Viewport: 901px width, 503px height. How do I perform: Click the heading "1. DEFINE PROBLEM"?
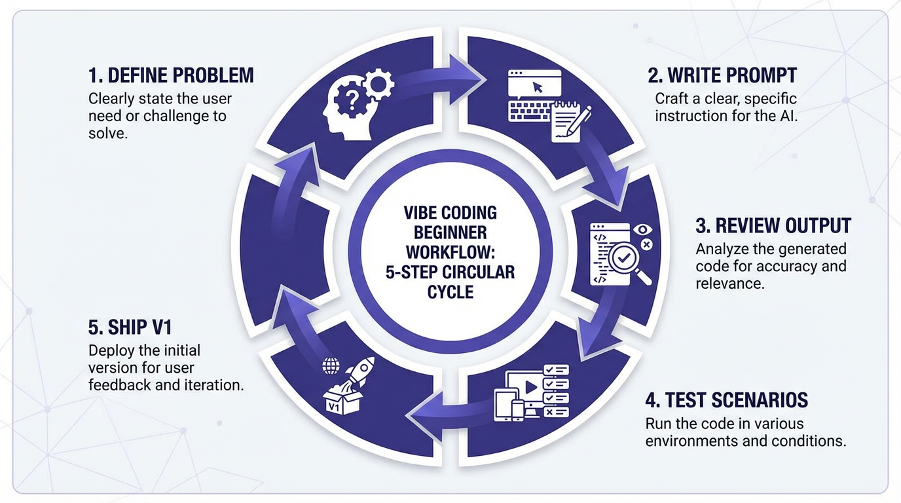(x=171, y=75)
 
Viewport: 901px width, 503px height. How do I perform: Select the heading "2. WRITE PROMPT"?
(x=722, y=75)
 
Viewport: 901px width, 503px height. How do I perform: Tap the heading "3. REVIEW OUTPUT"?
(x=773, y=226)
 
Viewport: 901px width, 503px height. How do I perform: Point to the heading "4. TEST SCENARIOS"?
(x=727, y=400)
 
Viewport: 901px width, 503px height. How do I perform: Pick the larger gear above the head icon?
(x=377, y=84)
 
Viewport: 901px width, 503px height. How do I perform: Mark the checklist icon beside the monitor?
(x=557, y=390)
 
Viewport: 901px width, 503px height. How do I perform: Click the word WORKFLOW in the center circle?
(x=450, y=251)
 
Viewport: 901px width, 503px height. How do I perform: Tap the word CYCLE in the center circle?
(x=450, y=291)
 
